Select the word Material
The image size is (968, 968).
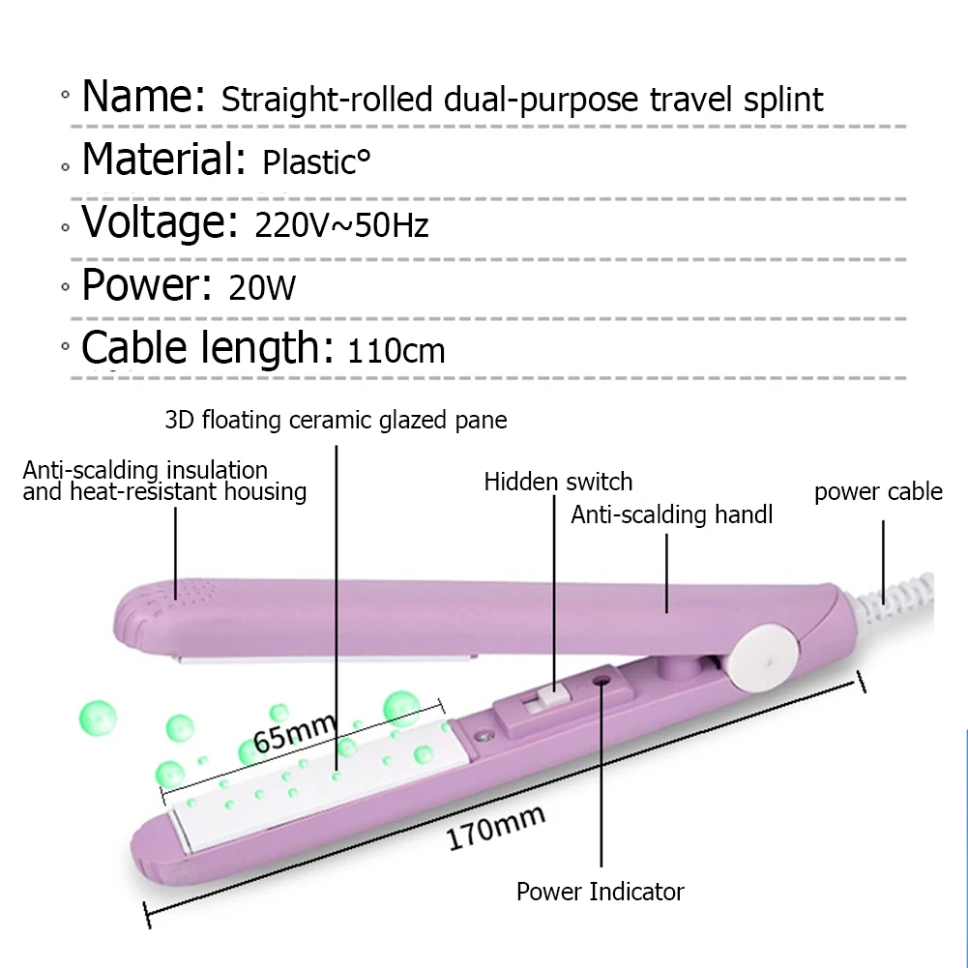pyautogui.click(x=162, y=160)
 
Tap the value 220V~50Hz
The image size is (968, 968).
pyautogui.click(x=341, y=225)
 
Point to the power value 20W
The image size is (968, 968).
pyautogui.click(x=262, y=287)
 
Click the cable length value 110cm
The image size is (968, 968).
pyautogui.click(x=396, y=349)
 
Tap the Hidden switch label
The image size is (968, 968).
pyautogui.click(x=558, y=482)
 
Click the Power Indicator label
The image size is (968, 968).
pyautogui.click(x=600, y=892)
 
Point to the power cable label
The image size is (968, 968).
pyautogui.click(x=878, y=492)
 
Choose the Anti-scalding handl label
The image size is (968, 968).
pyautogui.click(x=671, y=515)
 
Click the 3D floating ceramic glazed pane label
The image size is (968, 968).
pyautogui.click(x=336, y=420)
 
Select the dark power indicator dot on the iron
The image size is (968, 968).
pyautogui.click(x=602, y=681)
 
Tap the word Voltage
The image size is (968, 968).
pyautogui.click(x=159, y=221)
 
